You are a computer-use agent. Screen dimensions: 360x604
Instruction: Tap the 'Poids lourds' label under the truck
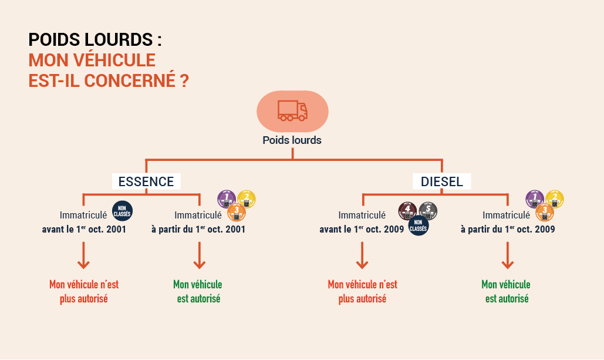click(x=292, y=140)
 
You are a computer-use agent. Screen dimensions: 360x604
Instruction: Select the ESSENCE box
click(x=146, y=181)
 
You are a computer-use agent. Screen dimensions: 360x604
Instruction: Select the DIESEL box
click(x=441, y=181)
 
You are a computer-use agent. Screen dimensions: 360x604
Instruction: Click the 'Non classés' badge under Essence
click(x=122, y=211)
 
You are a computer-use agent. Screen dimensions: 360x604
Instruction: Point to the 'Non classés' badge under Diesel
click(x=418, y=225)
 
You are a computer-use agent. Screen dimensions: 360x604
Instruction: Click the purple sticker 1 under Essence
click(x=227, y=199)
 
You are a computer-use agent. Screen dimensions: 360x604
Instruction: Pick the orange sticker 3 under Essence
click(x=237, y=211)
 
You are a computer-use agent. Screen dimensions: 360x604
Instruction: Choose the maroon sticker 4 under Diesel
click(x=408, y=211)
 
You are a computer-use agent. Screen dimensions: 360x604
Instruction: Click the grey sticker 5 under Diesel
click(x=428, y=211)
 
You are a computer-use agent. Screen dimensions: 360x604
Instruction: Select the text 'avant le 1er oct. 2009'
click(x=362, y=230)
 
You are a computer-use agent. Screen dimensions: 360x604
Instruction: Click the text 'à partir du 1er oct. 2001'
click(x=198, y=230)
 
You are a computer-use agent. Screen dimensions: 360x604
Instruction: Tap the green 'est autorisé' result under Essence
click(x=198, y=298)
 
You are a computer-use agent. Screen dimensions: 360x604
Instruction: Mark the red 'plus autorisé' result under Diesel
click(x=362, y=298)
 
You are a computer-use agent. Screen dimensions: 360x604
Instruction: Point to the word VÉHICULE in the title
click(x=110, y=60)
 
